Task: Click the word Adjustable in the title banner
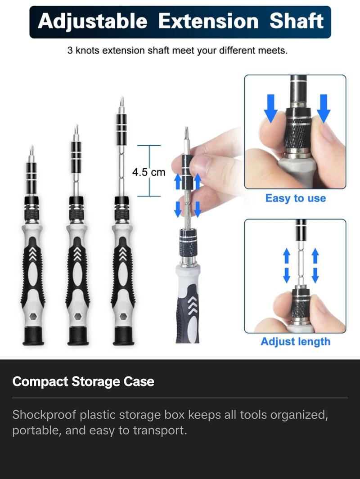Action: [x=92, y=22]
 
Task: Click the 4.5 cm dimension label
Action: [x=148, y=172]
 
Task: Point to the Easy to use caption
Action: [x=296, y=198]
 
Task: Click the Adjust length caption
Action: [x=296, y=341]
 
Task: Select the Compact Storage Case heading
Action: [x=83, y=381]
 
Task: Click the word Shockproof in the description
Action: [x=44, y=415]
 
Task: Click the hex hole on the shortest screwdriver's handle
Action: [x=33, y=317]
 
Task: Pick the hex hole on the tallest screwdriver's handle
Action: [x=123, y=317]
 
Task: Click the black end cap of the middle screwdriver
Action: [x=78, y=336]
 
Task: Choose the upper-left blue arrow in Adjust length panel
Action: [x=287, y=256]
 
